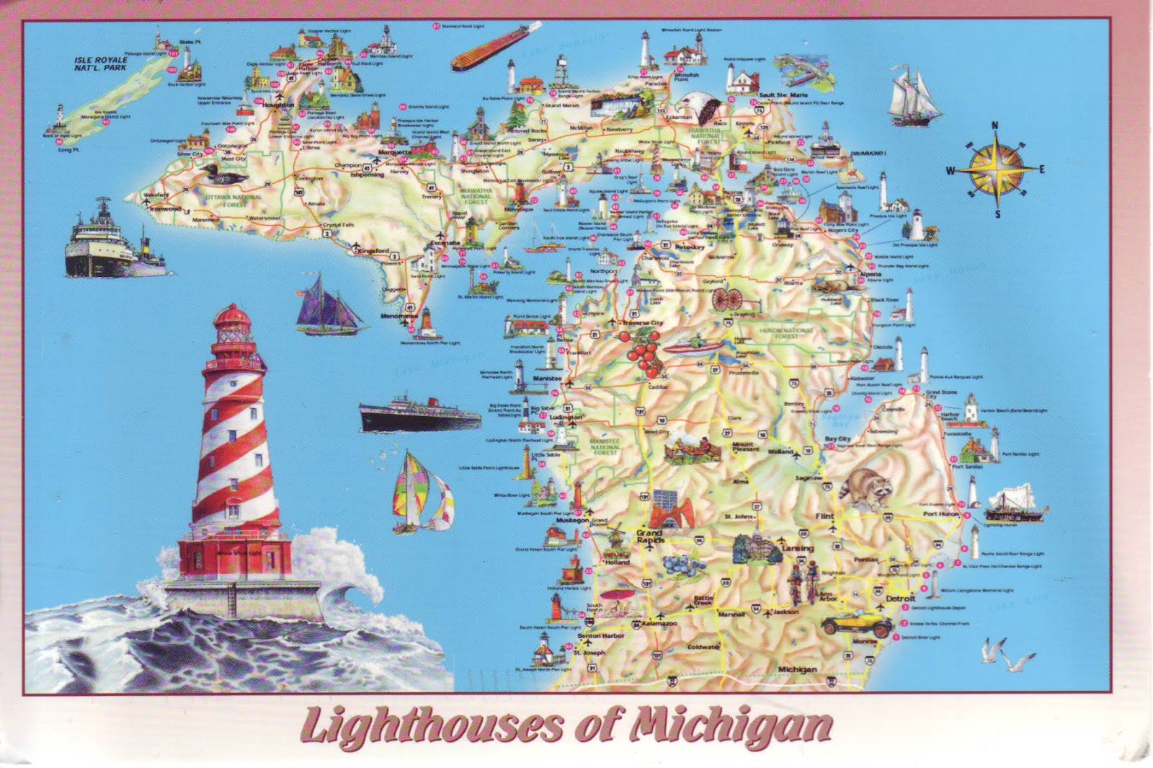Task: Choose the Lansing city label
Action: pyautogui.click(x=798, y=548)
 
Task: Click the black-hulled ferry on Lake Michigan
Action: pyautogui.click(x=419, y=414)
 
